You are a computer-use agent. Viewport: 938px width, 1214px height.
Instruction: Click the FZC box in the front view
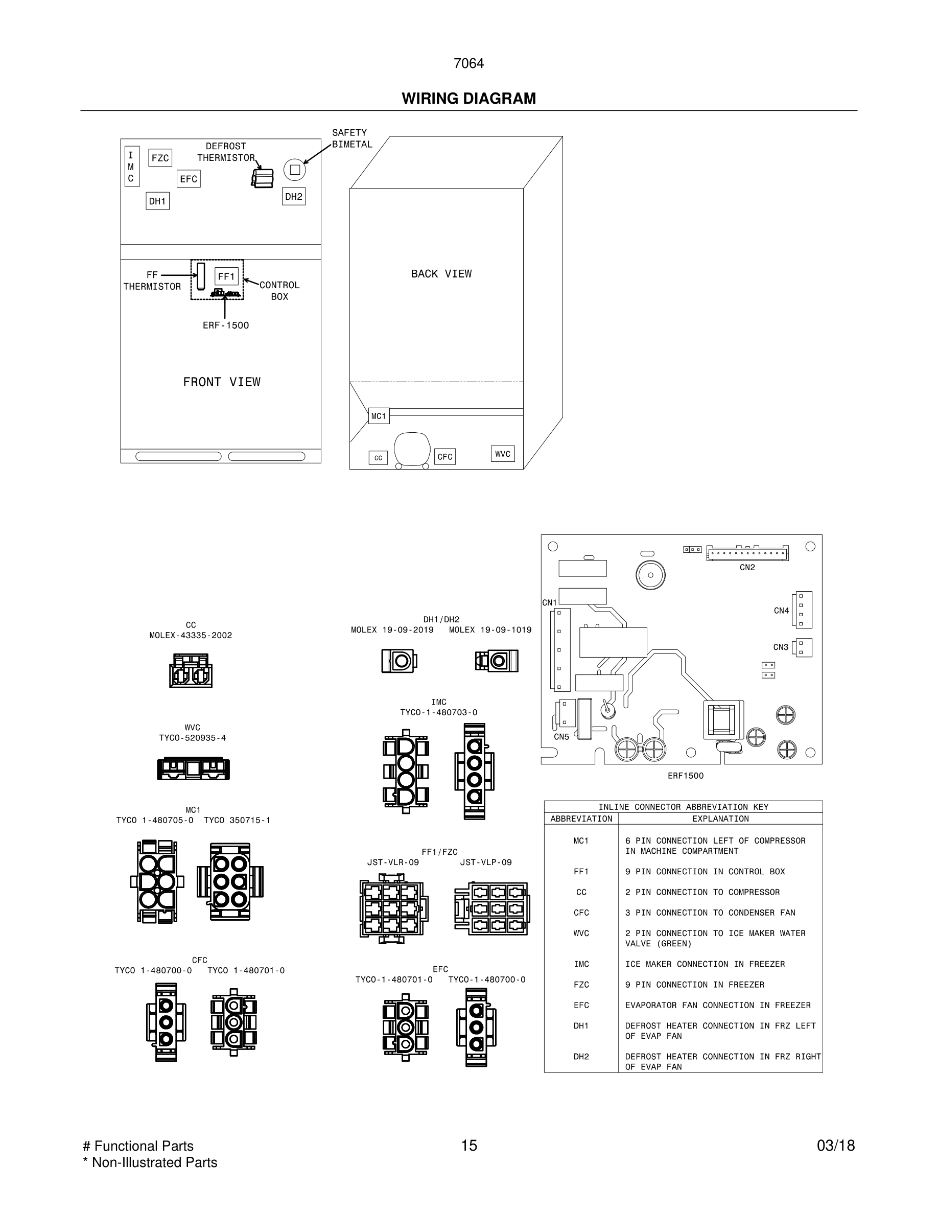pos(160,158)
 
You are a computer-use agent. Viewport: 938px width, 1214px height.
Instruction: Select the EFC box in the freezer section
pos(189,179)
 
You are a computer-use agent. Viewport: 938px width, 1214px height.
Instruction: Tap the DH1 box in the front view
pos(157,201)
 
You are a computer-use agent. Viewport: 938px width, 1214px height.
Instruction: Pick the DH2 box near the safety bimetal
pos(293,196)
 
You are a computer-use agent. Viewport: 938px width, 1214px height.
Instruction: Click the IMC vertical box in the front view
pos(131,167)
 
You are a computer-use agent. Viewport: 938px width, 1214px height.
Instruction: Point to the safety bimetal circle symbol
pos(294,170)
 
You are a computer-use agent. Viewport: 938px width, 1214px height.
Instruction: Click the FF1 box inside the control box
pos(226,276)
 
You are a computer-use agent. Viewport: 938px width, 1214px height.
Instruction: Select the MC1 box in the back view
pos(379,416)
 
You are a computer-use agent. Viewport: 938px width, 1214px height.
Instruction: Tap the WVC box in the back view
pos(502,454)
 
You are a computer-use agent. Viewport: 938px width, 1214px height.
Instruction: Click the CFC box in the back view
pos(444,457)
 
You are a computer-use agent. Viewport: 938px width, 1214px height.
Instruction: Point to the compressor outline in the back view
pos(412,449)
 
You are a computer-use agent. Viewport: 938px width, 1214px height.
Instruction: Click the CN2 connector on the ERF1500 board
pos(747,554)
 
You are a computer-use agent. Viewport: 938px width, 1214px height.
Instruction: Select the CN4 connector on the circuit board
pos(803,609)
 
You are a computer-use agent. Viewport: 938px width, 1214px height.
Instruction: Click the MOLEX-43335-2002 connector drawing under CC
pos(191,670)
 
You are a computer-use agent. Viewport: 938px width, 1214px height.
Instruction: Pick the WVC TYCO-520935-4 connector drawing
pos(193,769)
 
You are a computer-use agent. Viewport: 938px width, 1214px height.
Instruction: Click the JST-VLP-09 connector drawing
pos(491,909)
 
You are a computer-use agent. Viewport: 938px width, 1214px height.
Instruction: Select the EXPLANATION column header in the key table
pos(720,819)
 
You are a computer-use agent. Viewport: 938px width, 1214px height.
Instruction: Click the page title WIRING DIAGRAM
pos(468,99)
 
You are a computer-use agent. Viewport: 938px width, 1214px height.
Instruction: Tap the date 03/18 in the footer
pos(835,1146)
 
